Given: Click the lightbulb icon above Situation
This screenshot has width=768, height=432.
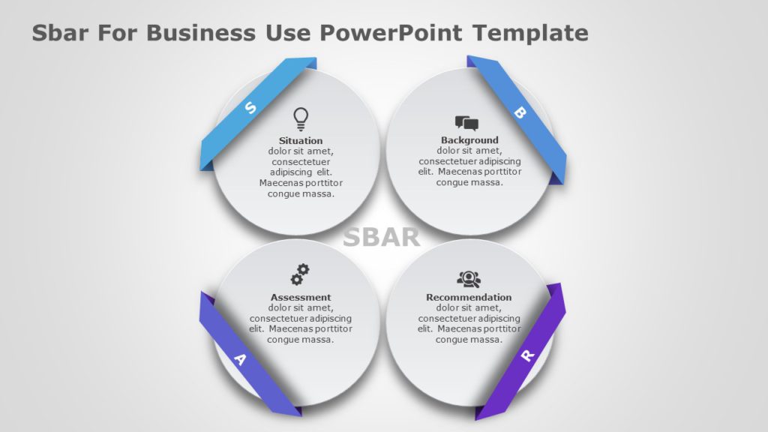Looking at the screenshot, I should (301, 118).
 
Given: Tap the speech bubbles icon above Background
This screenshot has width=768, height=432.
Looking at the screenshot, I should (466, 123).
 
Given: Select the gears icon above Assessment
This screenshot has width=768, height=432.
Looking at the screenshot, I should (300, 274).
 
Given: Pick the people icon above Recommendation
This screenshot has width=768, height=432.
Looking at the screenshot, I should (469, 279).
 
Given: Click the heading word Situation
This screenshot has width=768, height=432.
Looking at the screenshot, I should (301, 140).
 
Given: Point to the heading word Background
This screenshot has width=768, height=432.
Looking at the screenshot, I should (469, 140).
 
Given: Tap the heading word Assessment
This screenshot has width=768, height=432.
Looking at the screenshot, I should (301, 297).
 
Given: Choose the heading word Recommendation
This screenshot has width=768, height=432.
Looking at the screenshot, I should (469, 297).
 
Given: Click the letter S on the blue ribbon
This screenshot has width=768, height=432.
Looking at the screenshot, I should (250, 109).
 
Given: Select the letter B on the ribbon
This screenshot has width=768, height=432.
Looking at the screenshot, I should (519, 112).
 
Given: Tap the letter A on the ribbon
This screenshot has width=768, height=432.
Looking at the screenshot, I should (240, 359).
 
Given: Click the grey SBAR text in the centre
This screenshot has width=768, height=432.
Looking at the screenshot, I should (381, 237).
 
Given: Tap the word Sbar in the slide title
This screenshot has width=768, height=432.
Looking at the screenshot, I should (57, 33).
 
